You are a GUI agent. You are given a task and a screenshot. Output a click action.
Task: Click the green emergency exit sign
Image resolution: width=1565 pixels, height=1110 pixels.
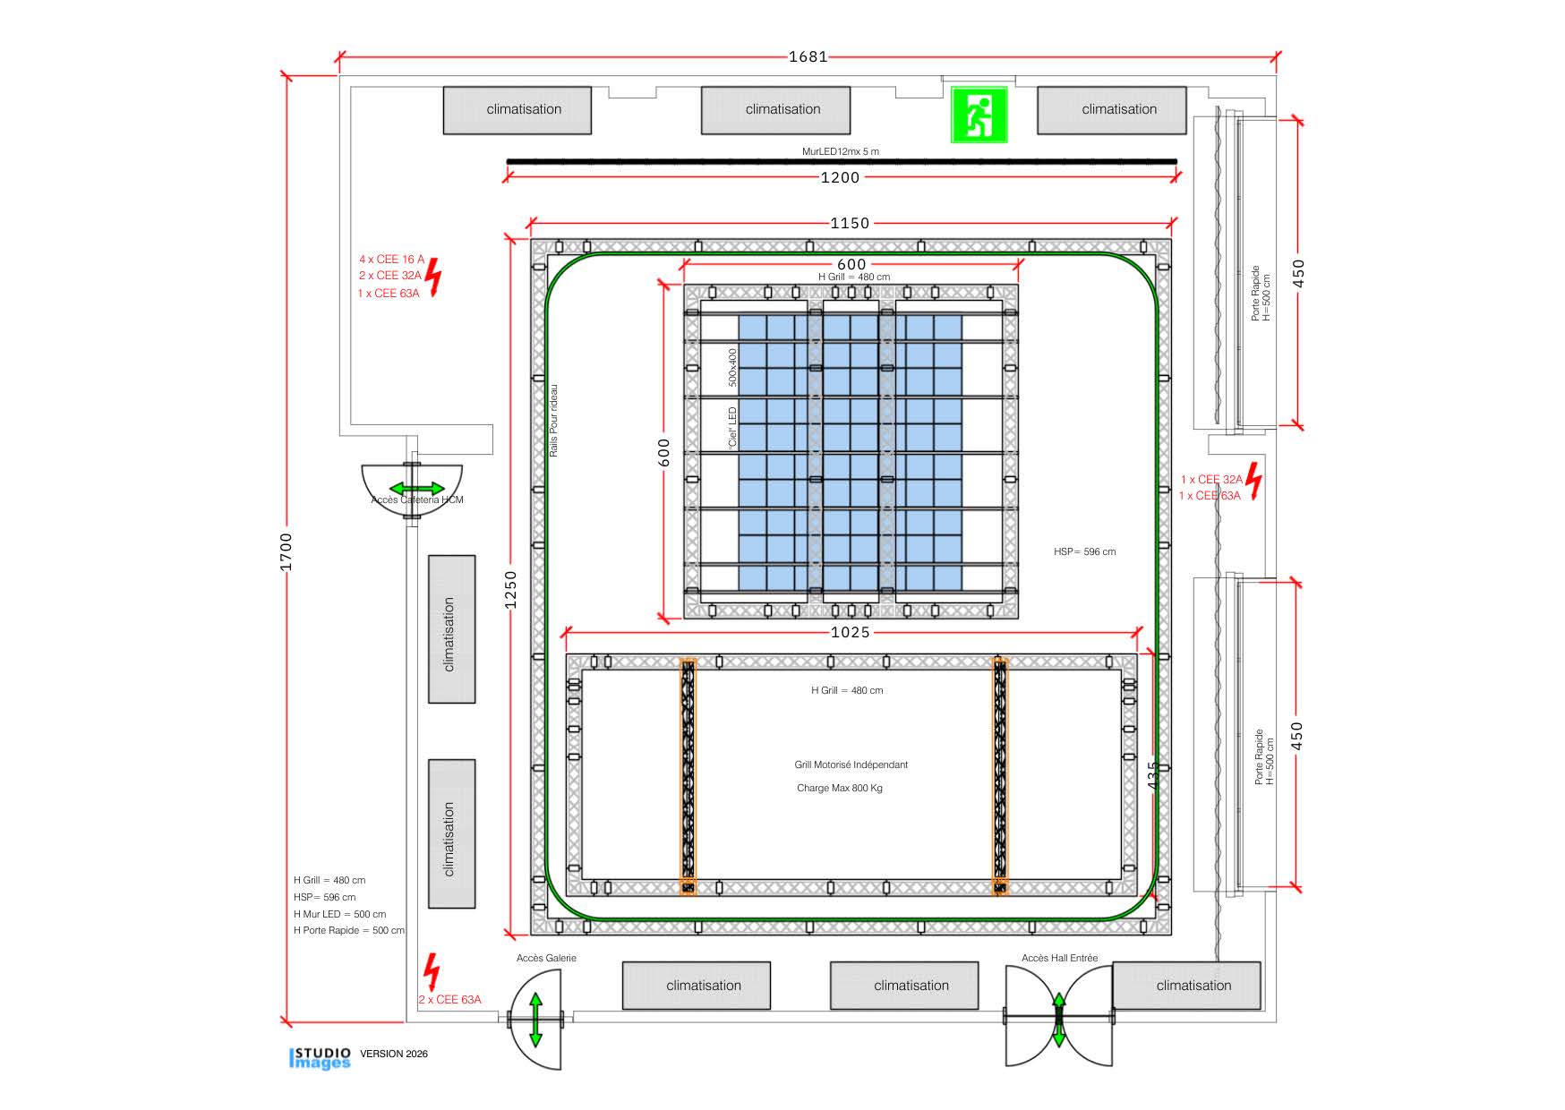point(979,115)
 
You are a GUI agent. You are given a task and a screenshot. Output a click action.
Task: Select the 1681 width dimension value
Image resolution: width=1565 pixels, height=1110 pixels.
point(808,57)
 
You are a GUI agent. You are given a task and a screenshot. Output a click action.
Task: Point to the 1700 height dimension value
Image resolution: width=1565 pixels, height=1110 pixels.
point(286,551)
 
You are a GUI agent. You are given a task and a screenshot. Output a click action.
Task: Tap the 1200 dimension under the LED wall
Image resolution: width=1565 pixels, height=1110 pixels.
point(840,177)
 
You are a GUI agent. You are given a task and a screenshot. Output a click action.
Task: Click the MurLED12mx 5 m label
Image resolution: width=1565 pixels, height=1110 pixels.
point(840,151)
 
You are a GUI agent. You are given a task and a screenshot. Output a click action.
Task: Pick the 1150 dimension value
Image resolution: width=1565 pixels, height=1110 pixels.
point(850,223)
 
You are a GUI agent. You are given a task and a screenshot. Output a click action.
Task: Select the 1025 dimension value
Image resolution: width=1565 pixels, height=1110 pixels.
point(850,633)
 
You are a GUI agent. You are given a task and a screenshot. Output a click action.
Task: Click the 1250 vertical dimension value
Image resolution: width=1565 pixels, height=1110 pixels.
point(510,590)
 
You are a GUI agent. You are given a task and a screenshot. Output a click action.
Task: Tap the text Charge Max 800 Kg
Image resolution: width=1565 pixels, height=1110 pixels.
point(840,789)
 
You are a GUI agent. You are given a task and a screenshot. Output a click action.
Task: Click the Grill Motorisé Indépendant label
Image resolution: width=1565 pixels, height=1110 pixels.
point(851,764)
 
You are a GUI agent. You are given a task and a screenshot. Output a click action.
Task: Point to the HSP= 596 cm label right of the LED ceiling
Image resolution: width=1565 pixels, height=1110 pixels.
point(1084,551)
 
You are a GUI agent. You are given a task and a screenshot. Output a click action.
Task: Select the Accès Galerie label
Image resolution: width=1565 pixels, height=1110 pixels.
point(546,958)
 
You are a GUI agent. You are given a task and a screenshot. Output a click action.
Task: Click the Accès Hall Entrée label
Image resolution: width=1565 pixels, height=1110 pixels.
point(1059,958)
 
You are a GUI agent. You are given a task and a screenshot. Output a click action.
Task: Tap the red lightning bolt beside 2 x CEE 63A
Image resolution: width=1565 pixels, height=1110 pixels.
point(432,971)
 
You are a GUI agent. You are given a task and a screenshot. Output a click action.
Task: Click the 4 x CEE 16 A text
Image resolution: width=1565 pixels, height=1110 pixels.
point(392,260)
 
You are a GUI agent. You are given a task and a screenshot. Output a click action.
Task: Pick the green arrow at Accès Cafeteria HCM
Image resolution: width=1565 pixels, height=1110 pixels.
point(416,489)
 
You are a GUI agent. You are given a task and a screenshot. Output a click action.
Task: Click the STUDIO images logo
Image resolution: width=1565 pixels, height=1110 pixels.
point(321,1057)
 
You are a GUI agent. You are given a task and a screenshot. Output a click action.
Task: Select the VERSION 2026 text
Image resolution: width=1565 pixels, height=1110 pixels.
point(394,1054)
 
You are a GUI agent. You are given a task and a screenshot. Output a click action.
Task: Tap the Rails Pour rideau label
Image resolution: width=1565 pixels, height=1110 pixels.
point(553,421)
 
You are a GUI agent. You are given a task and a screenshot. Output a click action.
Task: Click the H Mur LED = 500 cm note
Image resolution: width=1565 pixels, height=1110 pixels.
point(339,914)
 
